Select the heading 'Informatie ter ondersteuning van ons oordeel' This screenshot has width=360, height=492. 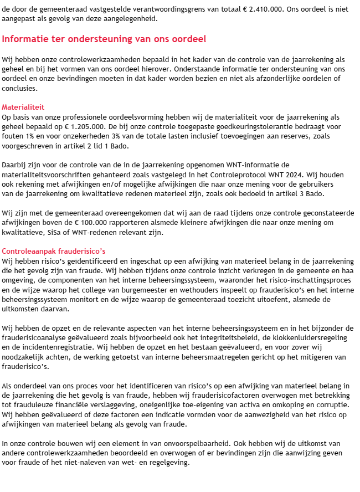(x=104, y=39)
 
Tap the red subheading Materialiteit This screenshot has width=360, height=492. (x=23, y=107)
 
